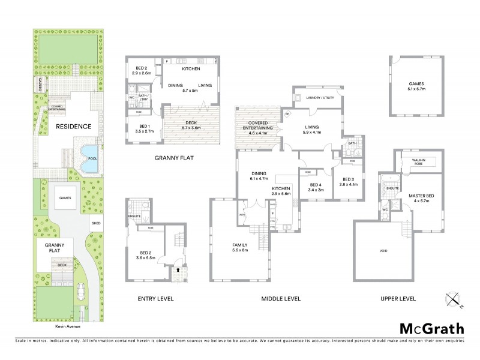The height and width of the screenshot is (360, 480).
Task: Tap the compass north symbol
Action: pos(454,299)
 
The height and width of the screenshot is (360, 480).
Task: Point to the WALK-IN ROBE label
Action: pos(418,161)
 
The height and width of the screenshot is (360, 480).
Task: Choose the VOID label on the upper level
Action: pos(383,250)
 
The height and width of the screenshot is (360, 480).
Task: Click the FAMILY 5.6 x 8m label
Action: pos(240,248)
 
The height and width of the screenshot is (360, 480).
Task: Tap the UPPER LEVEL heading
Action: pos(398,298)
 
